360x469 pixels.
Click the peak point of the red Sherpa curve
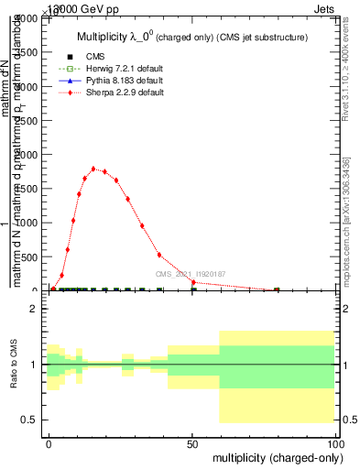(93, 169)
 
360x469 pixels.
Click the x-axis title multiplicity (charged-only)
(274, 456)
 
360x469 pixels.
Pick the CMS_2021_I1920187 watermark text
(190, 274)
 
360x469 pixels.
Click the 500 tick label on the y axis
(28, 256)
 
